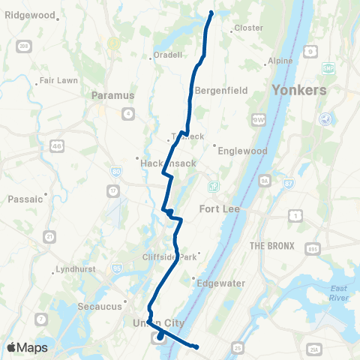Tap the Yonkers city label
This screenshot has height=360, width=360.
(298, 89)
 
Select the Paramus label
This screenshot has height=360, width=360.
(112, 95)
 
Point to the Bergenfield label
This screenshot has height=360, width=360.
(216, 90)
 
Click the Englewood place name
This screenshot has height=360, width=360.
(241, 150)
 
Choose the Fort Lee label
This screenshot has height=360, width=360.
(219, 208)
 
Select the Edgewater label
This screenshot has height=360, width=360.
(216, 282)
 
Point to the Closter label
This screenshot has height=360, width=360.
(249, 28)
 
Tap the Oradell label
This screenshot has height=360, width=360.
(167, 55)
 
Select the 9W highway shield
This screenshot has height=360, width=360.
(259, 118)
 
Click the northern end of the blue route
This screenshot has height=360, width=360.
(211, 13)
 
